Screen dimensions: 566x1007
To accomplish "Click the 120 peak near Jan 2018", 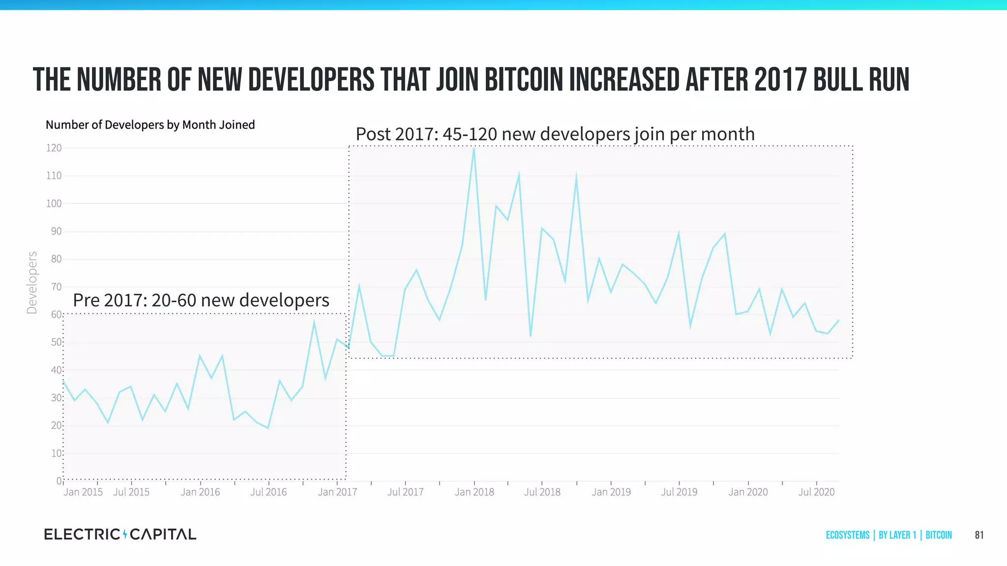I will pos(474,148).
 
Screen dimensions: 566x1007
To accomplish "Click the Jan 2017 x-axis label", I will pos(337,492).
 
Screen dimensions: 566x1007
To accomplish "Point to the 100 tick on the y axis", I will pos(54,203).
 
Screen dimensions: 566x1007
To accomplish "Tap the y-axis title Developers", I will pos(32,282).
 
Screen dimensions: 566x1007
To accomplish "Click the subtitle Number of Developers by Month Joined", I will pos(150,125).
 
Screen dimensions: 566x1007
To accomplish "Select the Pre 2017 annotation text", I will pos(201,300).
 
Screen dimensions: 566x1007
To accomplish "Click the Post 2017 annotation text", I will pos(555,134).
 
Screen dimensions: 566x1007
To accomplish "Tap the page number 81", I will pos(979,535).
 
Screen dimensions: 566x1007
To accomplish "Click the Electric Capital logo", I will pos(120,534).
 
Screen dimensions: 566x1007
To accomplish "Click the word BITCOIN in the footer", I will pos(938,535).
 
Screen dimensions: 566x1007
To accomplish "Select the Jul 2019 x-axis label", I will pos(679,492).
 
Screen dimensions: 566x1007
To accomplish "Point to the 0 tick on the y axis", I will pos(59,481).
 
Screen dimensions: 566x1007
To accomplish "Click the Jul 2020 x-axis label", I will pos(816,492).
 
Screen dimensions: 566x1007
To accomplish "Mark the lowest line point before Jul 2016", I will pos(268,428).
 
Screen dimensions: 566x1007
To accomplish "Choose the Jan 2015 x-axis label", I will pos(83,492).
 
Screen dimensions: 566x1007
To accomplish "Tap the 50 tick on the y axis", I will pos(56,342).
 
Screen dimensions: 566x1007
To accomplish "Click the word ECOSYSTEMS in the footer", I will pos(847,535).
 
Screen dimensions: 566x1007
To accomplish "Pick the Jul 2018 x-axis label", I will pos(542,492).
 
